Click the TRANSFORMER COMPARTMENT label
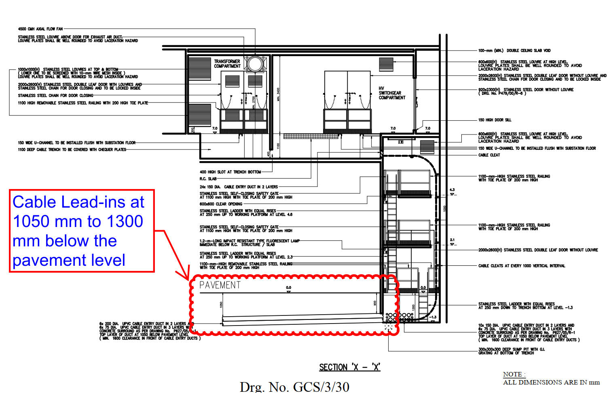[227, 64]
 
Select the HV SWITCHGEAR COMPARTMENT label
[391, 93]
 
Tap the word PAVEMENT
[220, 285]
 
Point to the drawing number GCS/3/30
[294, 387]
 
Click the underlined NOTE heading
[514, 374]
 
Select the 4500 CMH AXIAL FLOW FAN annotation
[40, 29]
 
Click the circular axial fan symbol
[255, 64]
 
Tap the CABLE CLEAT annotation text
[489, 155]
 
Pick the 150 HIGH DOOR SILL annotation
[495, 120]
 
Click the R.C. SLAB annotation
[208, 179]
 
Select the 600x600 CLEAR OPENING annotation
[221, 204]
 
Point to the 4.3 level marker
[452, 190]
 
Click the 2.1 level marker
[452, 240]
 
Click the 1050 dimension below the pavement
[221, 305]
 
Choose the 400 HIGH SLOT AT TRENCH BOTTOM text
[230, 172]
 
